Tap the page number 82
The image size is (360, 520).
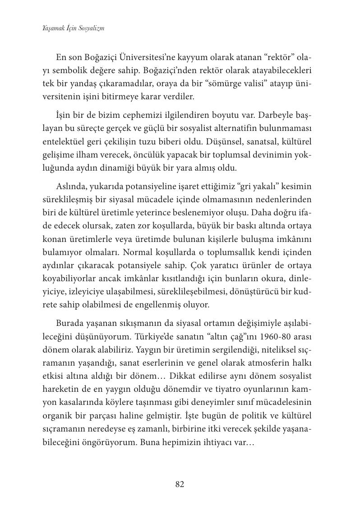180,484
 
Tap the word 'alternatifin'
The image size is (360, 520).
232,129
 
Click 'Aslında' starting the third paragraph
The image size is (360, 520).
71,186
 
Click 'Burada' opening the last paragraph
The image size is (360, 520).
69,324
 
